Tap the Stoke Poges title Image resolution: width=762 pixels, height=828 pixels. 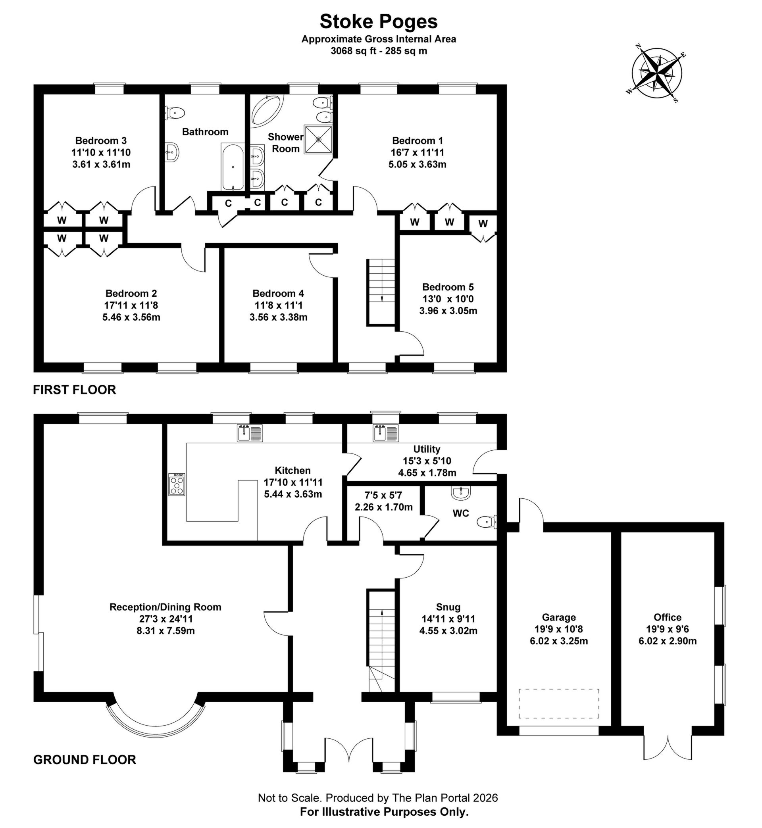pyautogui.click(x=378, y=22)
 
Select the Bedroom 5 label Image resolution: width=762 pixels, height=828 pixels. pyautogui.click(x=448, y=287)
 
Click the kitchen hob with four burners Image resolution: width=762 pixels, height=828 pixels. pyautogui.click(x=177, y=485)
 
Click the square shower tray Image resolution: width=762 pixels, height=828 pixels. pyautogui.click(x=318, y=140)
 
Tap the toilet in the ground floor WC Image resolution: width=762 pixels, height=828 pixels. pyautogui.click(x=487, y=522)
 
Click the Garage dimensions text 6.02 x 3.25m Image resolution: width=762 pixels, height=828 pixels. pyautogui.click(x=559, y=641)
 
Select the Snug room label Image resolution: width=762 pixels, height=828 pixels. pyautogui.click(x=448, y=607)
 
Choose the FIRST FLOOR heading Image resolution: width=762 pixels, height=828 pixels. pyautogui.click(x=75, y=390)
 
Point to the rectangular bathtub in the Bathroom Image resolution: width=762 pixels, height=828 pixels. pyautogui.click(x=233, y=167)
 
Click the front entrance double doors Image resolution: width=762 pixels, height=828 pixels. pyautogui.click(x=349, y=751)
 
